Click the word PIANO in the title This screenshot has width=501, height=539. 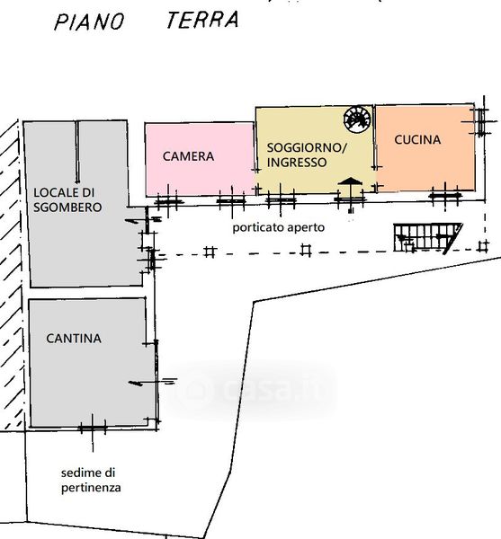pyautogui.click(x=89, y=22)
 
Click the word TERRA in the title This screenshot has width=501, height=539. pyautogui.click(x=202, y=20)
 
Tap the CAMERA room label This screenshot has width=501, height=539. pyautogui.click(x=188, y=156)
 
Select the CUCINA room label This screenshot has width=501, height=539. pyautogui.click(x=417, y=139)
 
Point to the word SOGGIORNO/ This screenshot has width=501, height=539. pyautogui.click(x=307, y=148)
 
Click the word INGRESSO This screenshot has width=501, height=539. pyautogui.click(x=297, y=163)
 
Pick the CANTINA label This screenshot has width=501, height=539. pyautogui.click(x=74, y=339)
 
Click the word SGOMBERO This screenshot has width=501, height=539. pyautogui.click(x=67, y=208)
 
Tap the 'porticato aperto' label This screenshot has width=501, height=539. pyautogui.click(x=278, y=227)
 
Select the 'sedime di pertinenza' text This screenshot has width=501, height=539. pyautogui.click(x=91, y=481)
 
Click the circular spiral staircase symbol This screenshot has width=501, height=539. pyautogui.click(x=357, y=119)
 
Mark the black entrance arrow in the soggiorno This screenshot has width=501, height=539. pyautogui.click(x=350, y=181)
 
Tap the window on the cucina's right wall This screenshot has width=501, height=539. pyautogui.click(x=480, y=122)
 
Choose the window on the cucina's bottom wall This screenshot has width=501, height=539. pyautogui.click(x=445, y=195)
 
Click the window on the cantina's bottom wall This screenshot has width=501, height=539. pyautogui.click(x=93, y=429)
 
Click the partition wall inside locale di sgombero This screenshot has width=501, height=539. pyautogui.click(x=77, y=151)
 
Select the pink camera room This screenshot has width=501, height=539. pyautogui.click(x=200, y=160)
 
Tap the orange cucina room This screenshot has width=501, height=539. pyautogui.click(x=425, y=148)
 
